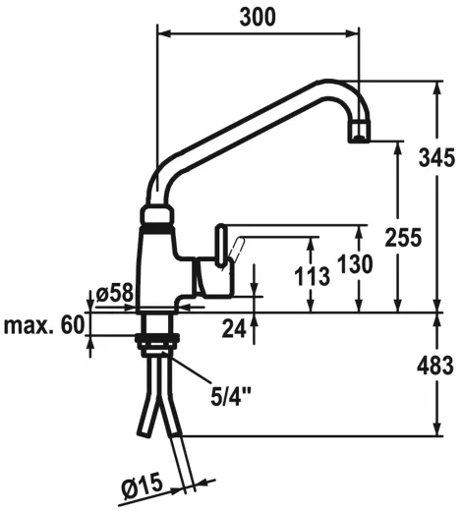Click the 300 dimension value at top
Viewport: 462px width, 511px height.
[x=258, y=16]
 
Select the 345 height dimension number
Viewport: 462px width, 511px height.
[x=434, y=157]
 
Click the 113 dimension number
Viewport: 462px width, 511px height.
[x=312, y=275]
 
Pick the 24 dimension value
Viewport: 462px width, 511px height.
[x=232, y=329]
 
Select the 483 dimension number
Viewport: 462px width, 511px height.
[x=434, y=366]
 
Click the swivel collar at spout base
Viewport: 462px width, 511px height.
[x=158, y=215]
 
